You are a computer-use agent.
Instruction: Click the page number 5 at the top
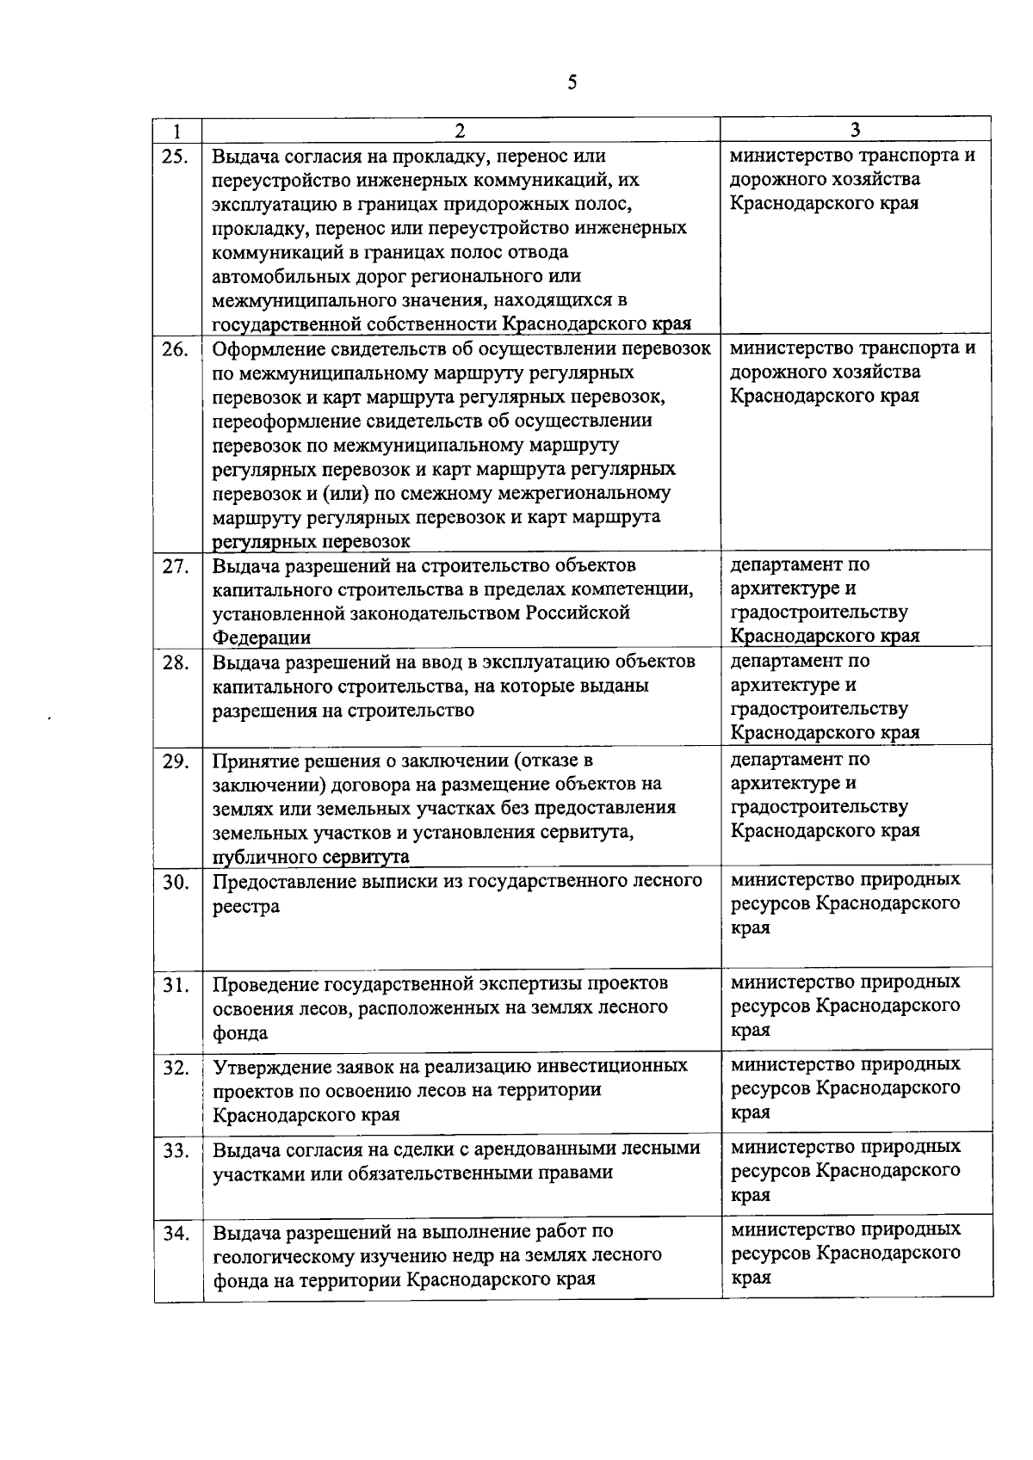click(572, 83)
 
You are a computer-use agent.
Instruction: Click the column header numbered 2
click(460, 131)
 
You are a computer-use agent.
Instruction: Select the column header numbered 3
click(855, 130)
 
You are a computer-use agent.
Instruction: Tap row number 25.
click(176, 157)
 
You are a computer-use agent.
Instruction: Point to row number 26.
click(176, 349)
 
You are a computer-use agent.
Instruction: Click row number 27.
click(176, 567)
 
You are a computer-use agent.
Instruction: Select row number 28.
click(176, 663)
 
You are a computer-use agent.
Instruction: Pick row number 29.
click(176, 761)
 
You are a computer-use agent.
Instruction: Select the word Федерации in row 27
click(262, 638)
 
